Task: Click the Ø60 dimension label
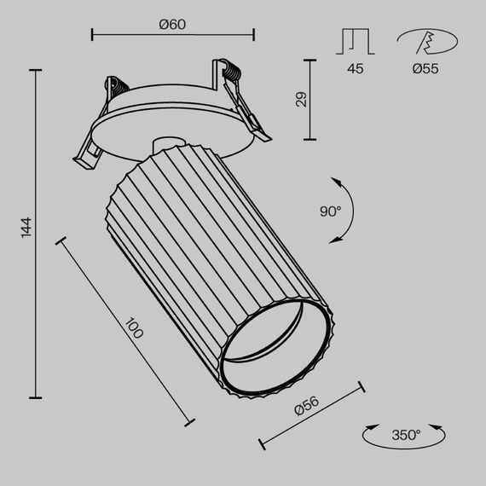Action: pyautogui.click(x=172, y=24)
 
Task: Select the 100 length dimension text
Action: pyautogui.click(x=134, y=328)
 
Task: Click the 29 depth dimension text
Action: pyautogui.click(x=300, y=99)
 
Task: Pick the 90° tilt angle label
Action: pyautogui.click(x=330, y=211)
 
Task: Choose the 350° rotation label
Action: pyautogui.click(x=406, y=435)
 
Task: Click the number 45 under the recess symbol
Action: pyautogui.click(x=356, y=68)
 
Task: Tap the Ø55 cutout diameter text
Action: pyautogui.click(x=425, y=68)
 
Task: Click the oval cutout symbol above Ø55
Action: pyautogui.click(x=425, y=42)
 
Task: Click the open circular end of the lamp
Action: pyautogui.click(x=275, y=350)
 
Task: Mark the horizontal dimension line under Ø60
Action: pyautogui.click(x=172, y=35)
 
